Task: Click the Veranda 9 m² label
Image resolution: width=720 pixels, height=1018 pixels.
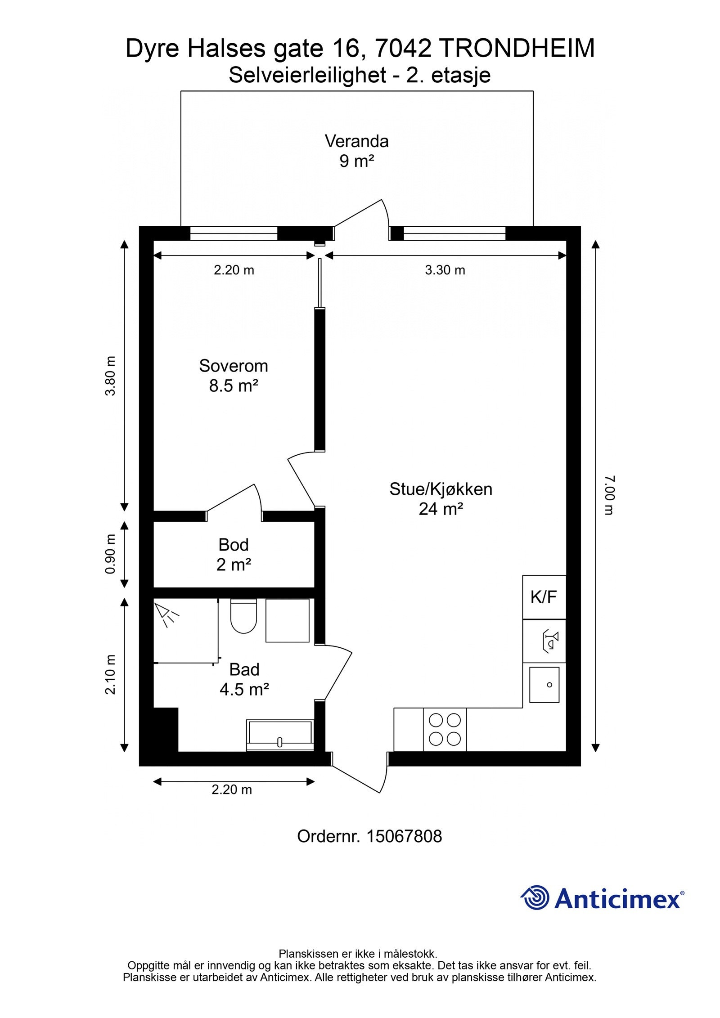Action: (356, 151)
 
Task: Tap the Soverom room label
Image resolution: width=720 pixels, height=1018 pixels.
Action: (233, 376)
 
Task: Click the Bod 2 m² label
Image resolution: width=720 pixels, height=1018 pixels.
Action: (233, 554)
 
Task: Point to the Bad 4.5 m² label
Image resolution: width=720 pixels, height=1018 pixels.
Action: (244, 679)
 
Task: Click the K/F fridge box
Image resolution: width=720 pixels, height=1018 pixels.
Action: (544, 597)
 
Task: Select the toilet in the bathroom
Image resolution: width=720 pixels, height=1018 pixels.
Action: (243, 615)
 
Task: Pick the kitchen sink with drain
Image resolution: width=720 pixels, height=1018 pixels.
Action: (544, 685)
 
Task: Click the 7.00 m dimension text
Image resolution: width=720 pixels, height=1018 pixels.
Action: (608, 495)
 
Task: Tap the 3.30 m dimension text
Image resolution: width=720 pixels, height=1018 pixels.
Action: (445, 270)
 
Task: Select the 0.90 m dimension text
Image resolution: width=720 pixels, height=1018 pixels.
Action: (111, 554)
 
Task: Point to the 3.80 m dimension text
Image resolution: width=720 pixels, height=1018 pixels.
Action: (111, 376)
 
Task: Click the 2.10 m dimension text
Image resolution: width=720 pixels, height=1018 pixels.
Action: (111, 674)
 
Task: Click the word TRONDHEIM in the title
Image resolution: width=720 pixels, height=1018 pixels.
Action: (516, 49)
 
